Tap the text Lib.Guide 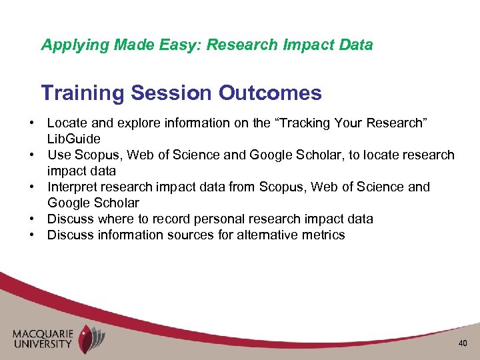coord(73,139)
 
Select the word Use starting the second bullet coord(58,155)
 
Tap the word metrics coord(323,235)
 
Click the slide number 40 coord(463,343)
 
